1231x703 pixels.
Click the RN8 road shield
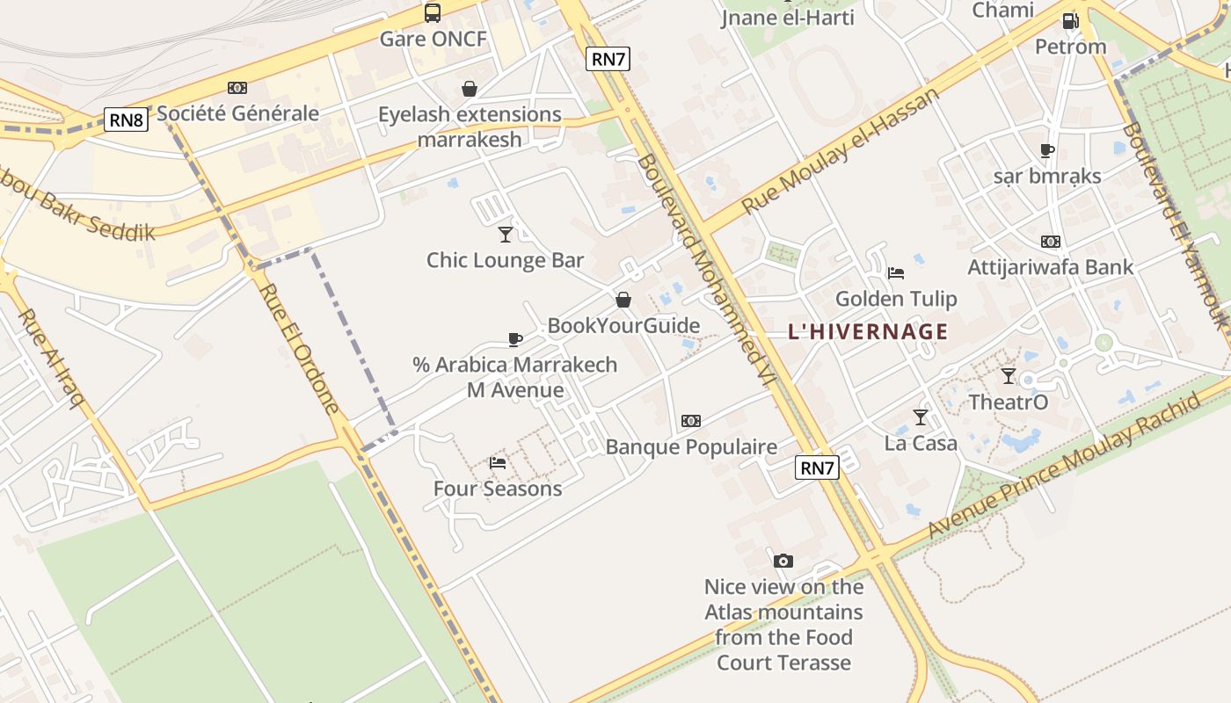point(126,120)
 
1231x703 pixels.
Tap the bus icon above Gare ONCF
point(433,12)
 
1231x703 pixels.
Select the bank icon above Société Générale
point(237,88)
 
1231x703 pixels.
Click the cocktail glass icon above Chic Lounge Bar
point(506,234)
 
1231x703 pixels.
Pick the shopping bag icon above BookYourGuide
point(623,300)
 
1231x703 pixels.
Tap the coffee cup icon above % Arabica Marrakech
point(515,339)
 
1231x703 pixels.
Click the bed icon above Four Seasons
point(498,462)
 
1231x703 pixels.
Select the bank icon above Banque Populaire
point(691,421)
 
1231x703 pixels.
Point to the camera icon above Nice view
point(783,561)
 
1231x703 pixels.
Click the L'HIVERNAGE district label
point(868,331)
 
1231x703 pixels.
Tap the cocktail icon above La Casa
point(921,417)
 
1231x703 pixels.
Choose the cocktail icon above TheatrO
point(1009,376)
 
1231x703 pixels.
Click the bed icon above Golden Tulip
point(896,272)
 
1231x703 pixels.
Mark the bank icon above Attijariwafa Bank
point(1050,242)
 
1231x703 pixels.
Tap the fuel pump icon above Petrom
point(1070,20)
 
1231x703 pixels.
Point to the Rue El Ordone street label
point(300,347)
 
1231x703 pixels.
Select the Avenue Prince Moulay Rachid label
point(1064,465)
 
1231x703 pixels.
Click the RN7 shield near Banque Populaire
point(817,467)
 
